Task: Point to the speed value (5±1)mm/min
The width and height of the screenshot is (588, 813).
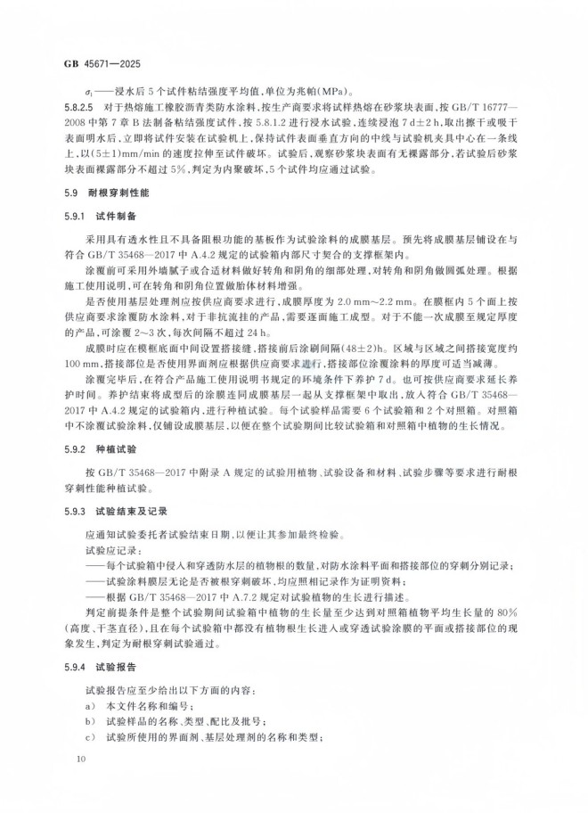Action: click(x=142, y=151)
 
